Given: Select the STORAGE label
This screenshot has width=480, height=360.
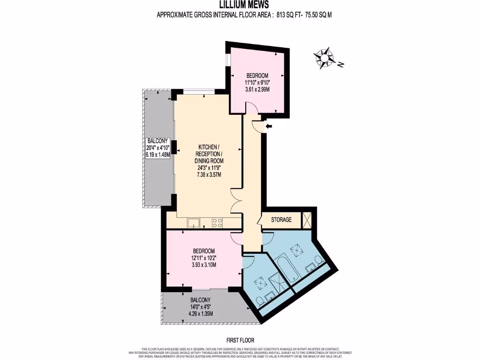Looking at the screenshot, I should (281, 219).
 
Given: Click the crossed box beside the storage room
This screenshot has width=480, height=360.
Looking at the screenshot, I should (307, 220).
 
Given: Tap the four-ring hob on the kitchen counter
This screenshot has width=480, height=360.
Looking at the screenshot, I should (217, 223).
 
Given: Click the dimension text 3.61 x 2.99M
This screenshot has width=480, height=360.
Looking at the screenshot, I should (257, 89).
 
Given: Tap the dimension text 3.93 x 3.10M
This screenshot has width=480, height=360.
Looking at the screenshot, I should (203, 265).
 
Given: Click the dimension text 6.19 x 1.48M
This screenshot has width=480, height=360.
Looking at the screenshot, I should (157, 155).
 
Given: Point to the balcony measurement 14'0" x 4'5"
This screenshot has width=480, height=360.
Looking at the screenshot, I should (200, 307).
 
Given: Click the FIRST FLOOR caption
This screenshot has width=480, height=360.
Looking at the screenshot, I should (240, 340).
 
